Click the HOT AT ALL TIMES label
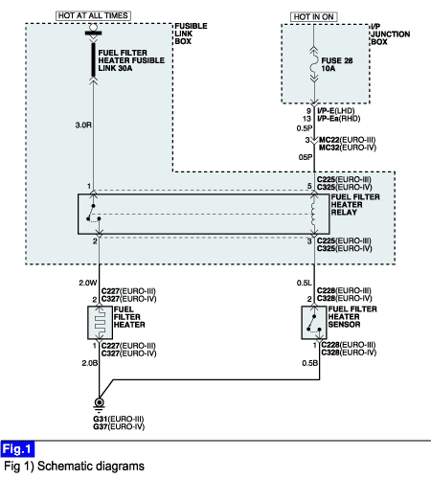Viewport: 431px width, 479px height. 93,15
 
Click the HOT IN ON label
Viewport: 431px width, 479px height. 314,17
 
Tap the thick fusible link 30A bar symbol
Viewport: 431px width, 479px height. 93,59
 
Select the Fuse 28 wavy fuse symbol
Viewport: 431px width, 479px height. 314,64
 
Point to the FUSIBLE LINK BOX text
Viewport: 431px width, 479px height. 191,34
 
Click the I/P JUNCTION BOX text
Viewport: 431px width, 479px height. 391,34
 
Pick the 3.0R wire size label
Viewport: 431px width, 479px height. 83,125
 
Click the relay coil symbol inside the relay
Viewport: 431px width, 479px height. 314,215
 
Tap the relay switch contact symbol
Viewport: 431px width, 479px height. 94,214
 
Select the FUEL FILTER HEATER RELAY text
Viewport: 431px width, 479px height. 355,205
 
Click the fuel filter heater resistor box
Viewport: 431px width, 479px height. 100,323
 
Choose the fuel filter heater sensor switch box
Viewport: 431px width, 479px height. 314,323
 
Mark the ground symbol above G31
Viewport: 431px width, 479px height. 99,403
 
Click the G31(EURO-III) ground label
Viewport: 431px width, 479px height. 119,419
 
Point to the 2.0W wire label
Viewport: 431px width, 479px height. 88,283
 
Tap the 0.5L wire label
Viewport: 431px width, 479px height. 304,283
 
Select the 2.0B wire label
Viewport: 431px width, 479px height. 89,363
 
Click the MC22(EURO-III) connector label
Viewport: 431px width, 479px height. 348,140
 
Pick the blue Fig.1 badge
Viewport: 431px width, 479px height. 17,449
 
